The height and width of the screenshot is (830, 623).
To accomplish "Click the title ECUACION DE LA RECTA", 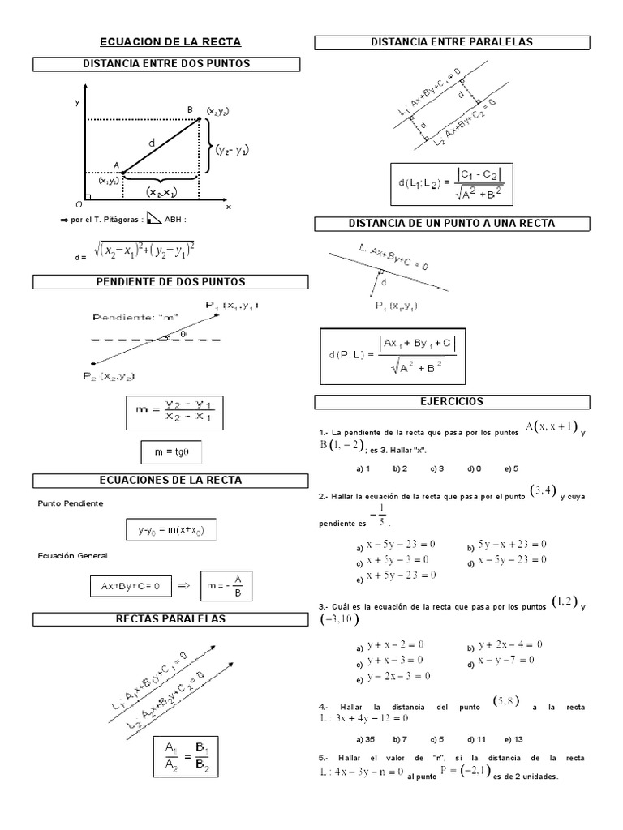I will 170,42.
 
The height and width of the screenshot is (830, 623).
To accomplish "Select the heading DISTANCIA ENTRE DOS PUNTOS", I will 167,64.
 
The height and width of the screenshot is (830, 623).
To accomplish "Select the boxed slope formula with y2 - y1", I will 174,413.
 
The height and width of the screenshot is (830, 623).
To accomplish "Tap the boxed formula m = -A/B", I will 226,584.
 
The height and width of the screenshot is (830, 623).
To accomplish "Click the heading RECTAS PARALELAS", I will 170,620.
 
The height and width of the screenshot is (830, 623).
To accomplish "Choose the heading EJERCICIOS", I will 452,402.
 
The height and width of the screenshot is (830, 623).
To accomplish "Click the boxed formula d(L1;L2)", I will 452,185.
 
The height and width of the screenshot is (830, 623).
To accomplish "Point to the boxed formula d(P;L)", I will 393,356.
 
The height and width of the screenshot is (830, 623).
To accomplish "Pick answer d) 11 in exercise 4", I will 475,739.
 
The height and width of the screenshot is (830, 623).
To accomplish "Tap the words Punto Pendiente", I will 71,503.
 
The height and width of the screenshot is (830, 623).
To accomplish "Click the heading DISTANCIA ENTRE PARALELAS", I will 452,42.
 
